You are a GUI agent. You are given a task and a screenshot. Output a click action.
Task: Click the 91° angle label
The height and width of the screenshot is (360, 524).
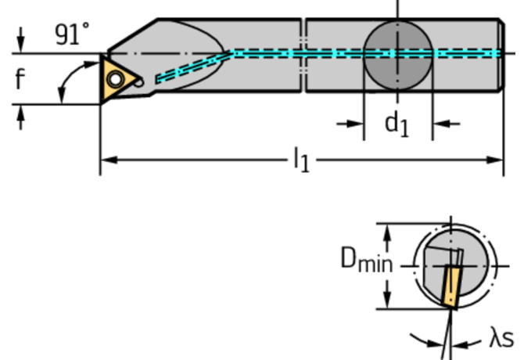[71, 34]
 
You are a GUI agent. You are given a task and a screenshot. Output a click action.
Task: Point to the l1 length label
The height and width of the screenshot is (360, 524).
[301, 161]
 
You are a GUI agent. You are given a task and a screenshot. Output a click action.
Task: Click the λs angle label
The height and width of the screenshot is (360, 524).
[501, 339]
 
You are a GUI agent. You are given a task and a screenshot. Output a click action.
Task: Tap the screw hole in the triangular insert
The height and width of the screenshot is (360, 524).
[116, 79]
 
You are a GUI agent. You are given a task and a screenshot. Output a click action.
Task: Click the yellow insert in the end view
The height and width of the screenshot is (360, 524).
[451, 286]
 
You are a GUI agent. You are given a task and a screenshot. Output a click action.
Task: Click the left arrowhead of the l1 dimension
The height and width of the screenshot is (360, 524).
[106, 160]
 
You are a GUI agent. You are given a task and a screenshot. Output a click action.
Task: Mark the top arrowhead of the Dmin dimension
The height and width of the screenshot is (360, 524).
[385, 229]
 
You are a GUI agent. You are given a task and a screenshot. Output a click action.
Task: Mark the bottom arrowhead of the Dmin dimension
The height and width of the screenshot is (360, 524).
[385, 303]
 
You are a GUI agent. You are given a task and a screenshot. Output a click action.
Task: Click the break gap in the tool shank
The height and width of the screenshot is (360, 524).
[303, 55]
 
